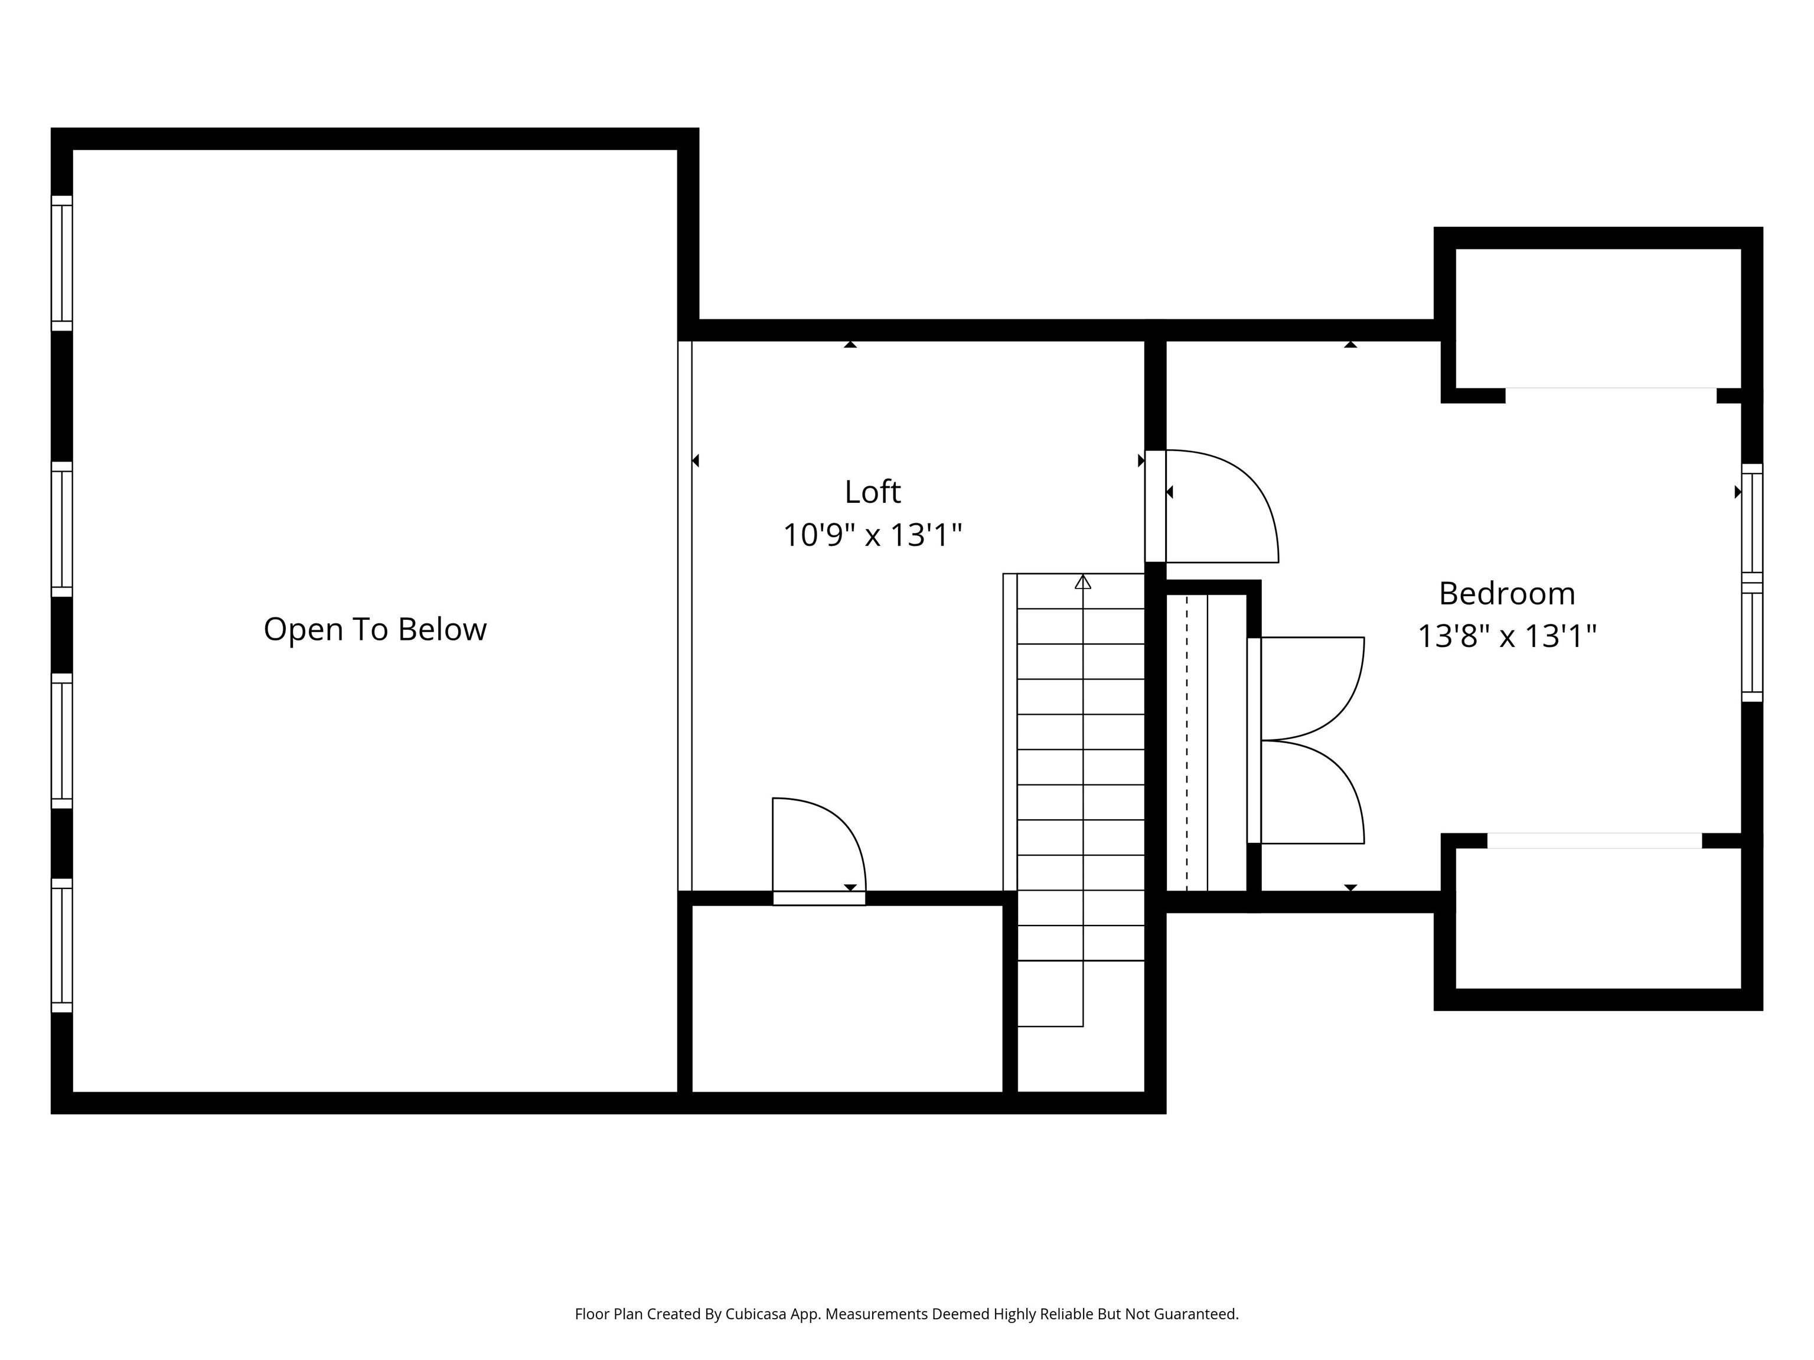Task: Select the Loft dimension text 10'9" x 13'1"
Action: (873, 535)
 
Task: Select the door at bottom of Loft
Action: (818, 898)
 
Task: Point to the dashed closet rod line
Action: (1187, 742)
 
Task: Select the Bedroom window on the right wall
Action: (1751, 583)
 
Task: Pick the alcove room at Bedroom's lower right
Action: (1597, 918)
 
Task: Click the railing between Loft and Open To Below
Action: (685, 615)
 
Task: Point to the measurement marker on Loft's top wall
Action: (850, 344)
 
